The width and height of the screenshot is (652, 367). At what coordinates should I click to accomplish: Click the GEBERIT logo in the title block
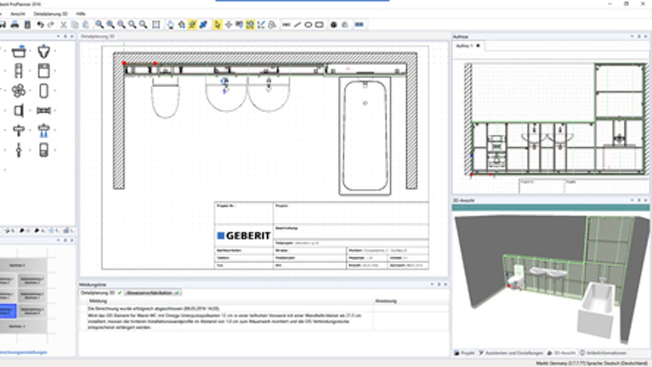click(x=244, y=236)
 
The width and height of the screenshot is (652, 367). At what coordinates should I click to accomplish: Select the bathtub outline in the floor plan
click(x=365, y=136)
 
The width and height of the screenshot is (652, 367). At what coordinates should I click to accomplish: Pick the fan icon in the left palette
click(x=18, y=91)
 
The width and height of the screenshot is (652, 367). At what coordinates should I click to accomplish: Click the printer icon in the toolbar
click(x=15, y=24)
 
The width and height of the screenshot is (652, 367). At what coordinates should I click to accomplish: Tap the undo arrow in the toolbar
click(x=40, y=24)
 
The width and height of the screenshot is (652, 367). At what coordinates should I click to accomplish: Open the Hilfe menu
click(x=81, y=14)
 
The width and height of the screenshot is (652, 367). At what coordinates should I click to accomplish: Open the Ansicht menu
click(x=18, y=14)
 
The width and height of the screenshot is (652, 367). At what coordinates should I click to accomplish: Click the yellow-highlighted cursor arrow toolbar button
click(x=217, y=24)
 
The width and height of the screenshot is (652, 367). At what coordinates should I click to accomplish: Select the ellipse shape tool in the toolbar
click(x=308, y=24)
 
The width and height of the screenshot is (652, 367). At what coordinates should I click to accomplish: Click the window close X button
click(x=643, y=4)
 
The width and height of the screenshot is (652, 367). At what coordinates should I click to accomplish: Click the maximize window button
click(x=626, y=4)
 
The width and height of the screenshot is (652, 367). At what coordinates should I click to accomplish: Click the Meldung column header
click(x=98, y=301)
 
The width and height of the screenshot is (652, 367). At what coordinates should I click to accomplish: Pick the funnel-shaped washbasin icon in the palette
click(x=44, y=51)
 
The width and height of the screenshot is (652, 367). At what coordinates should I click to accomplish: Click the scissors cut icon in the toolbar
click(x=64, y=24)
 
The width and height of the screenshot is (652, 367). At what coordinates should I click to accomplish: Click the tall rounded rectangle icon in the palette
click(x=44, y=91)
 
